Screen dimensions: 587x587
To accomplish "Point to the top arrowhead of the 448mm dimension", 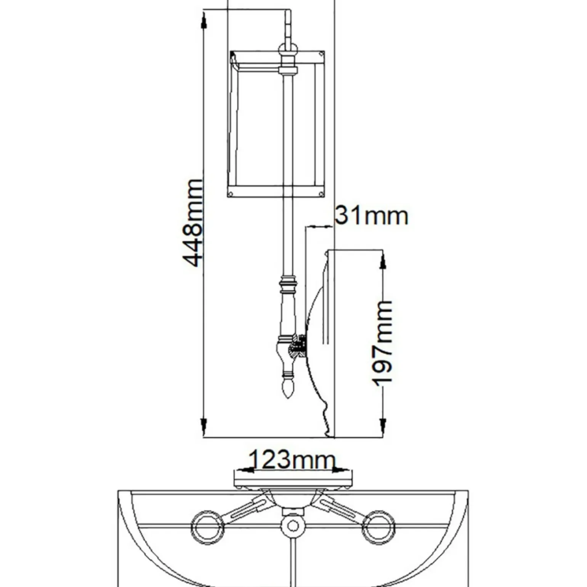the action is click(x=204, y=19).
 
